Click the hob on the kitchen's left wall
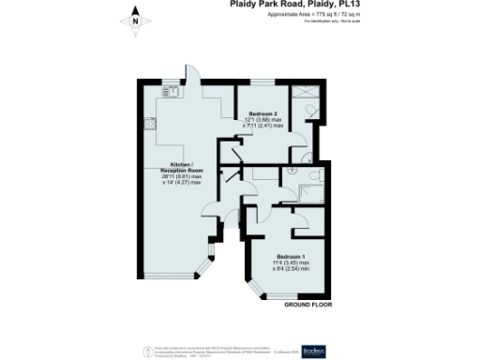[x=149, y=122]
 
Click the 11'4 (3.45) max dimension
[x=291, y=263]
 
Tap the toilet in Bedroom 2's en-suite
[x=310, y=111]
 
